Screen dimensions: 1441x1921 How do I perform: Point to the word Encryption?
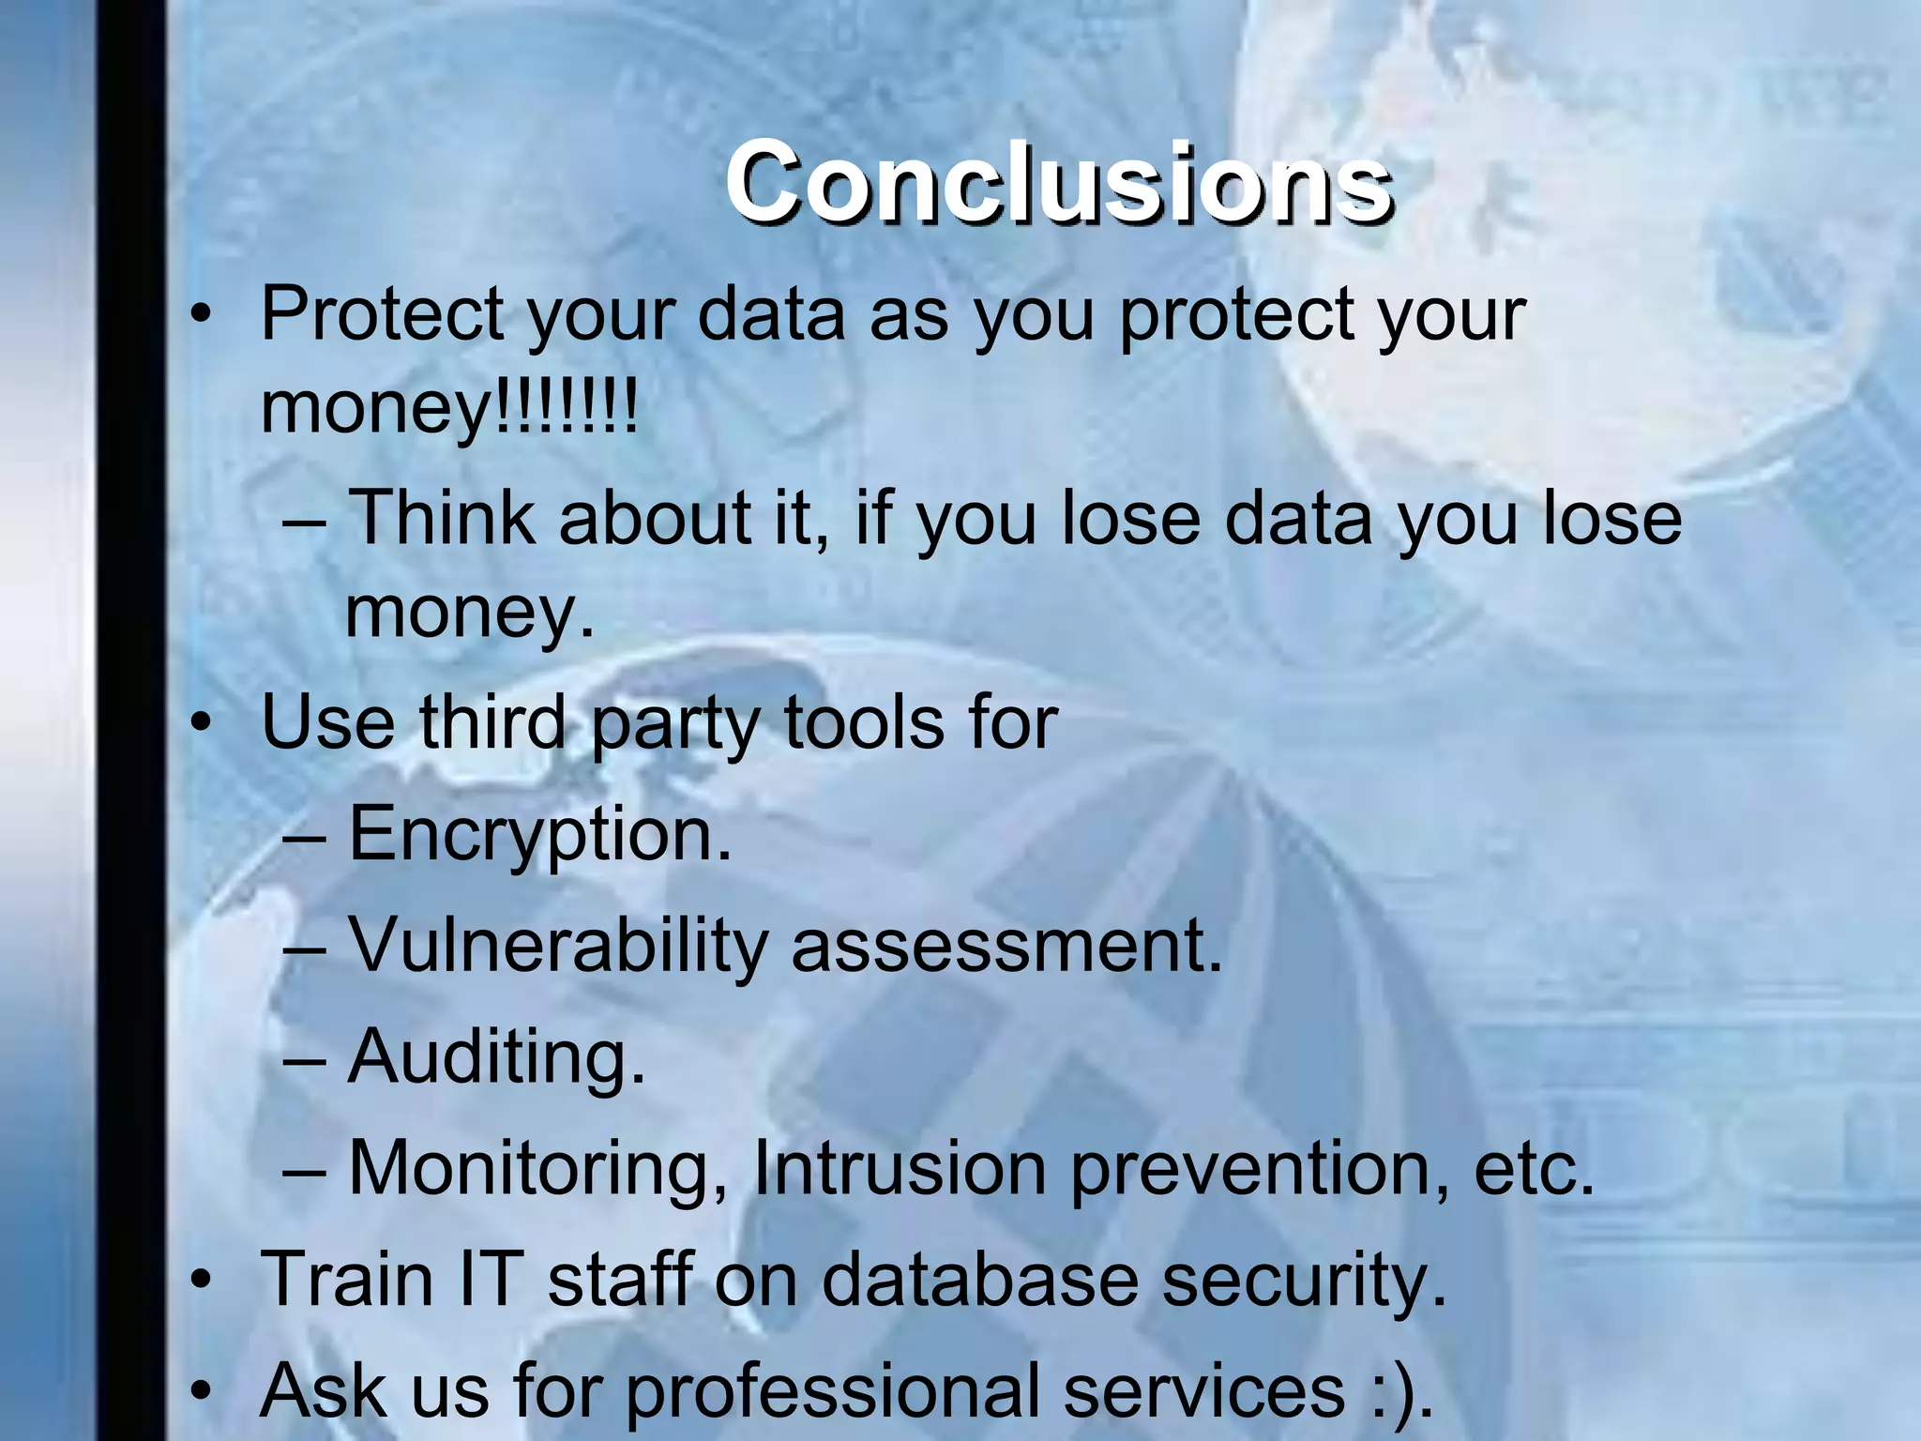click(x=539, y=834)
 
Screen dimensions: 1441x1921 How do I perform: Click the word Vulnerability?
click(x=558, y=946)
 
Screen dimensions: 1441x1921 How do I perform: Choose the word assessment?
click(x=1007, y=946)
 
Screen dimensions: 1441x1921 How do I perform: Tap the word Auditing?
click(x=497, y=1057)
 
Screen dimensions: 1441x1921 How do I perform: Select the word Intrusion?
click(x=900, y=1169)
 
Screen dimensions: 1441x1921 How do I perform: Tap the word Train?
click(x=347, y=1279)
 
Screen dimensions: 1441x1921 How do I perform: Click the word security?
click(x=1305, y=1281)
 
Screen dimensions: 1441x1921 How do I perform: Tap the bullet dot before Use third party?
click(x=199, y=724)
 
